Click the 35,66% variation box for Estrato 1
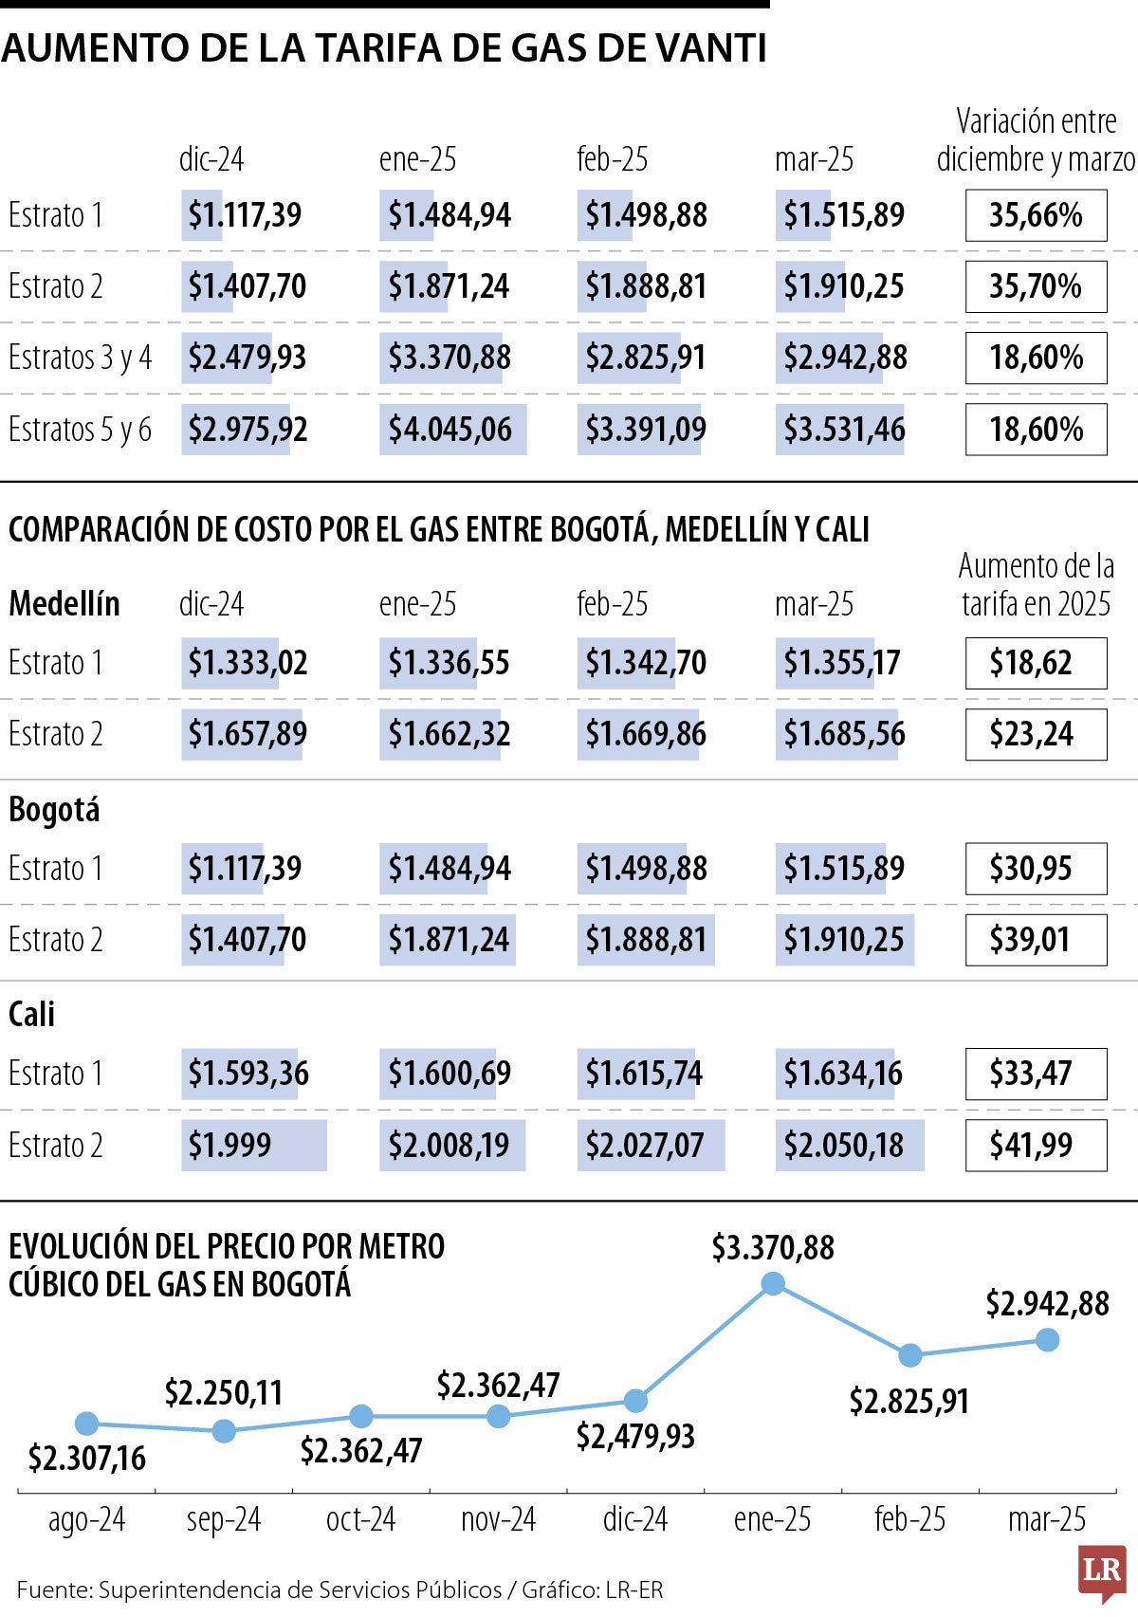coord(1036,215)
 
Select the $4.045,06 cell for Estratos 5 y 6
coord(451,430)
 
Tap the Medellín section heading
coord(64,603)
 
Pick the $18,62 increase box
coord(1036,663)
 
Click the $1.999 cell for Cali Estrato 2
coord(253,1146)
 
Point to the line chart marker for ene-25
coord(773,1284)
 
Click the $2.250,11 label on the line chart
coord(224,1392)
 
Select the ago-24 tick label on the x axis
coord(86,1519)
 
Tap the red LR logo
coord(1101,1571)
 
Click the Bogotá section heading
coord(54,810)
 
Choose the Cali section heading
coord(32,1015)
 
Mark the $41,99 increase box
coord(1036,1146)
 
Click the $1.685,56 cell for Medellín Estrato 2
coord(843,734)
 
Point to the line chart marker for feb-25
coord(910,1355)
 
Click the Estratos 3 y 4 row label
coord(80,358)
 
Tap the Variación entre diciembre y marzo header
coord(1036,140)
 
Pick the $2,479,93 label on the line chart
coord(635,1436)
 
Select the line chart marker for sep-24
coord(224,1431)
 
